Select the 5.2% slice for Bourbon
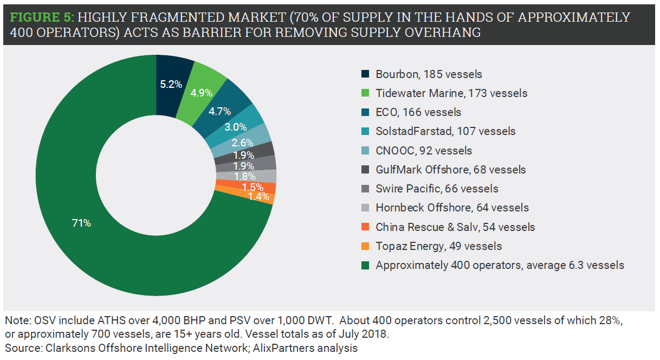pos(171,84)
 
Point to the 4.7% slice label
pos(220,112)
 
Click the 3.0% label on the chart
pos(236,127)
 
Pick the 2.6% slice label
pos(243,143)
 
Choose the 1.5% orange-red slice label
pos(253,187)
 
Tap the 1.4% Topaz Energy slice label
pos(259,197)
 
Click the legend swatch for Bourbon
pos(366,74)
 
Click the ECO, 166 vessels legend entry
pos(418,112)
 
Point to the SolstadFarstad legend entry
pos(445,131)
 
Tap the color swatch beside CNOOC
pos(366,151)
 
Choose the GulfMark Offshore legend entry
pos(450,170)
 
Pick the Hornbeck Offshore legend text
pos(452,208)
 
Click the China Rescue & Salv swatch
pos(366,227)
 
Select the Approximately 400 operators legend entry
pos(500,265)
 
